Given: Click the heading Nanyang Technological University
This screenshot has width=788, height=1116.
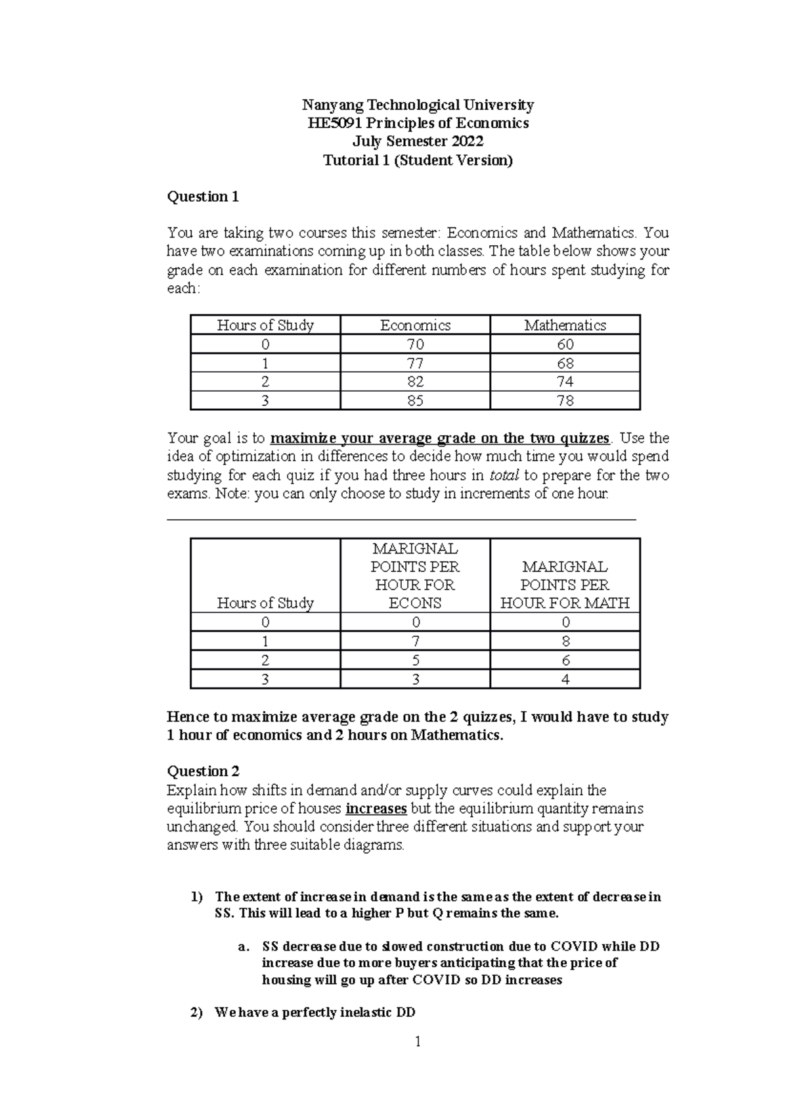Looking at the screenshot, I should click(418, 105).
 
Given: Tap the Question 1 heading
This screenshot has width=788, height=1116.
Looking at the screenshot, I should click(203, 197).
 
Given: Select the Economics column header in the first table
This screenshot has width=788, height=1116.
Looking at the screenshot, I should click(415, 325).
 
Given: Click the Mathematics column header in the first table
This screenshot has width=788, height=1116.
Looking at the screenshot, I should click(565, 325).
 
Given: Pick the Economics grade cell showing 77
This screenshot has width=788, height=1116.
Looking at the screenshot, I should click(415, 363).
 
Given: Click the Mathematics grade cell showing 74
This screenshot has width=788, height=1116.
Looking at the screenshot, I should click(565, 382).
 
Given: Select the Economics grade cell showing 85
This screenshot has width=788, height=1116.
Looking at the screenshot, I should click(415, 400).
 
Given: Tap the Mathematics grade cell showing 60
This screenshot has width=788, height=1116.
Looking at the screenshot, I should click(565, 344).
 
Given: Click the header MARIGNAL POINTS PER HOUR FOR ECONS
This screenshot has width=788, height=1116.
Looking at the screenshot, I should click(415, 576).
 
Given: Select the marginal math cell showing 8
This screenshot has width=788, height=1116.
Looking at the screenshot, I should click(565, 641).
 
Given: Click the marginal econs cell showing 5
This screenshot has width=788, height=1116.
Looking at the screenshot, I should click(415, 661).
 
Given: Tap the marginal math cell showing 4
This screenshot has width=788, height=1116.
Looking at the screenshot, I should click(565, 680).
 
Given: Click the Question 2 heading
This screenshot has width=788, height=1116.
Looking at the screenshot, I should click(203, 771).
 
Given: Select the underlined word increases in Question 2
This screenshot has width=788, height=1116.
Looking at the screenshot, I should click(376, 808).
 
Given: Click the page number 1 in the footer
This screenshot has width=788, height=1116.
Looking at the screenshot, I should click(417, 1042).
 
